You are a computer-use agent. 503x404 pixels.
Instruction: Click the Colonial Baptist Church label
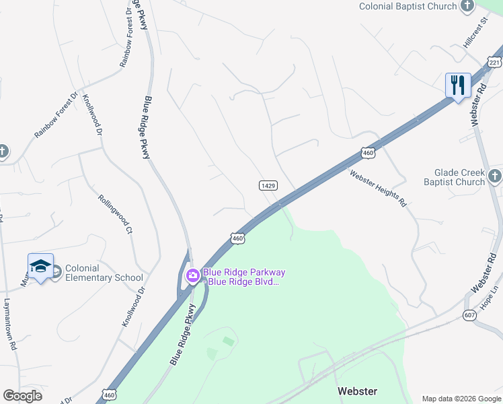point(408,6)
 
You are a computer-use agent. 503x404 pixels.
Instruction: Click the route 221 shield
point(495,63)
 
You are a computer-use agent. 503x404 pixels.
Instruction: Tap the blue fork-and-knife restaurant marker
point(457,86)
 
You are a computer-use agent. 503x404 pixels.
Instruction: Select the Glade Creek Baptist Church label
point(454,177)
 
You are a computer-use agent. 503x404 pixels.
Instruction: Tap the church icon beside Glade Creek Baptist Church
point(494,176)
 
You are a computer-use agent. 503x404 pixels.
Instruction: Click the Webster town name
point(357,391)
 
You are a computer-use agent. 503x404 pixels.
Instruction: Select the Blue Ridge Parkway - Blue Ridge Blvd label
point(245,277)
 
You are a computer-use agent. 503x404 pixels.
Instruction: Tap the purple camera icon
point(192,275)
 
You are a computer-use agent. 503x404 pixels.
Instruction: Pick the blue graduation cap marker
point(40,267)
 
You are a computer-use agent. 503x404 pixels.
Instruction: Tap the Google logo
point(23,395)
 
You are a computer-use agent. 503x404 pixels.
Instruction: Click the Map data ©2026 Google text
point(461,398)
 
